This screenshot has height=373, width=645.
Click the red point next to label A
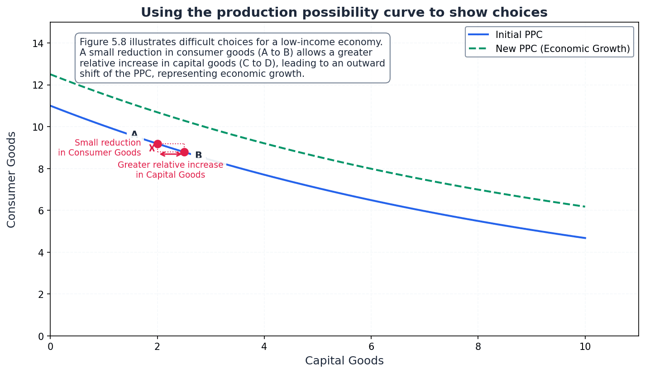pos(158,144)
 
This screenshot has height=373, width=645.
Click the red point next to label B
pos(184,152)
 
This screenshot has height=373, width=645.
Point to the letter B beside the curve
pos(198,156)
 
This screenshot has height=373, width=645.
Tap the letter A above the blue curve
pos(134,134)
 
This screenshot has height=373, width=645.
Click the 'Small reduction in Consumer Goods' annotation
pos(100,148)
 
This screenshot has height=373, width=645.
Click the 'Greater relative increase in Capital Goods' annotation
pos(170,170)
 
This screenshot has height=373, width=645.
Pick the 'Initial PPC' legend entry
pos(519,35)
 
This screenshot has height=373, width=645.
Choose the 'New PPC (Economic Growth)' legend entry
pos(563,49)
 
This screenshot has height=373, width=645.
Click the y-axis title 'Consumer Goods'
pos(12,179)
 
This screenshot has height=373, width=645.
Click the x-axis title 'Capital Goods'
pos(344,361)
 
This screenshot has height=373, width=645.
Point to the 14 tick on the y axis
pos(41,43)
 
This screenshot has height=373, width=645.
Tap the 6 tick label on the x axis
pos(371,347)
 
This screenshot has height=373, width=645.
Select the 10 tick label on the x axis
pos(585,347)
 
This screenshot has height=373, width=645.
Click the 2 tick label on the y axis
pos(41,294)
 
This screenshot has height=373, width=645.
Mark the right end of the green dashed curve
pos(585,207)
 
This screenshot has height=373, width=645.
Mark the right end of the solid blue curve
pos(585,238)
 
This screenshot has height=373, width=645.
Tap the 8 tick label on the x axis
pos(478,347)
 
